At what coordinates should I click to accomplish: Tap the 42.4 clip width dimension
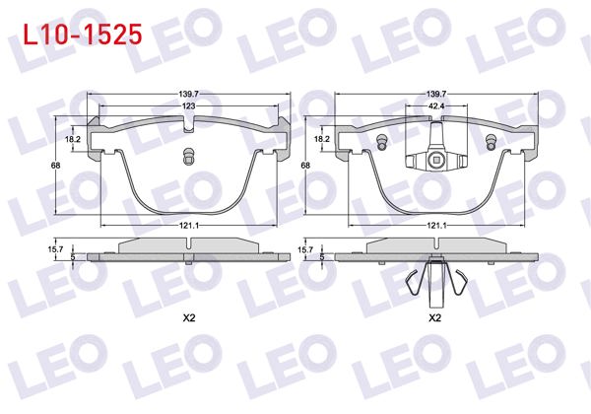tap(435, 103)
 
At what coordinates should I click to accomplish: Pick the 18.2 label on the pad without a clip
tap(73, 140)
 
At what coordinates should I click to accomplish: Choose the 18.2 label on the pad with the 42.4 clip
tap(321, 140)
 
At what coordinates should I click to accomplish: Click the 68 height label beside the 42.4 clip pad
tap(305, 166)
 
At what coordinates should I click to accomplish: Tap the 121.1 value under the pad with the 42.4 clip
tap(437, 226)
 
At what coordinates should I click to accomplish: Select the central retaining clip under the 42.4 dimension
tap(435, 159)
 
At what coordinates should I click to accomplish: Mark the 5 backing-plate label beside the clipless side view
tap(74, 257)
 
